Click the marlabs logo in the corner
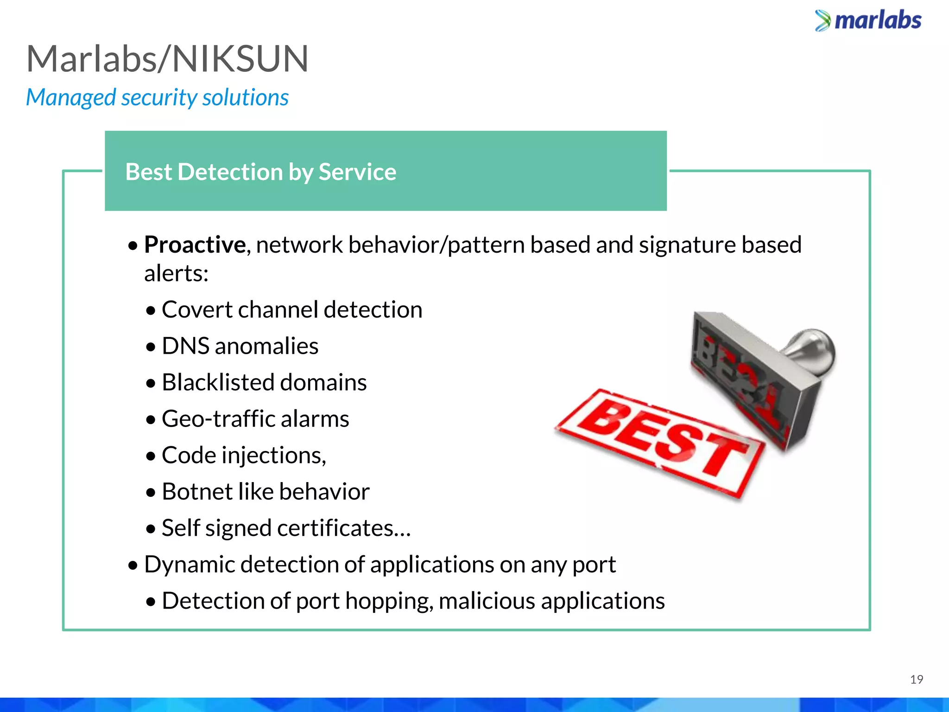[x=868, y=21]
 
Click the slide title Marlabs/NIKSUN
[x=167, y=59]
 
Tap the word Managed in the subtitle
[x=71, y=98]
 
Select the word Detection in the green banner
[x=230, y=172]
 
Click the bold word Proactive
[x=195, y=245]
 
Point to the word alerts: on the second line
[x=176, y=273]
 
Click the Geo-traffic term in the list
[x=218, y=419]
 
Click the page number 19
[x=916, y=680]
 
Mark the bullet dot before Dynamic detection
[x=133, y=566]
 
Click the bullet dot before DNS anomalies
[x=151, y=347]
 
